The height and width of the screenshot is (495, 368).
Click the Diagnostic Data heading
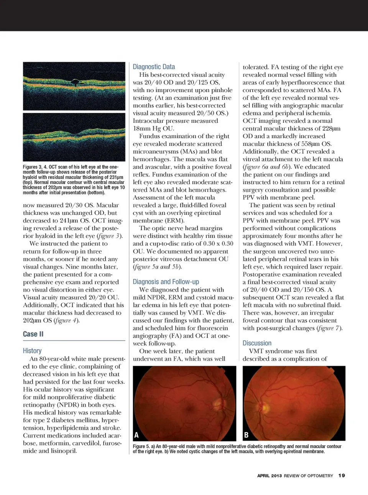coord(154,67)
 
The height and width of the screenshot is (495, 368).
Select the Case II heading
coord(33,334)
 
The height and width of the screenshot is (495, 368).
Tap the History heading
coord(32,351)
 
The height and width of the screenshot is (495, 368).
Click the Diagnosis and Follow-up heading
coord(166,282)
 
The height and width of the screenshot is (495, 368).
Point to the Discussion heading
coord(257,343)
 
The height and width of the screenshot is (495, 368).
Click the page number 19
coord(342,475)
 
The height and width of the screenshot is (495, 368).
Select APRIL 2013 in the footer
coord(269,476)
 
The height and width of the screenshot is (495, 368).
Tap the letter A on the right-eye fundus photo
coord(136,435)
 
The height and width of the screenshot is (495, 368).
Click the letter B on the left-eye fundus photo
coord(246,435)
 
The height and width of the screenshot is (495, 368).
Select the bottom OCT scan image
coord(74,137)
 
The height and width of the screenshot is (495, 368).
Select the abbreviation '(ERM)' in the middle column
coord(143,221)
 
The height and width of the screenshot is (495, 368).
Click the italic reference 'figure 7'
coord(329,328)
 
